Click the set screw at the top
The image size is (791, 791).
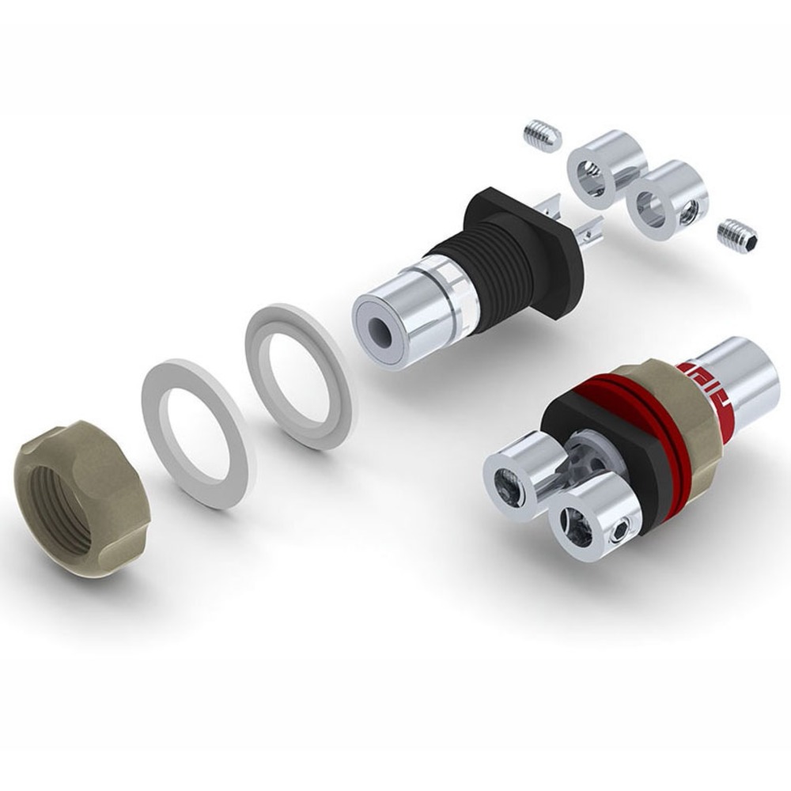[542, 135]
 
